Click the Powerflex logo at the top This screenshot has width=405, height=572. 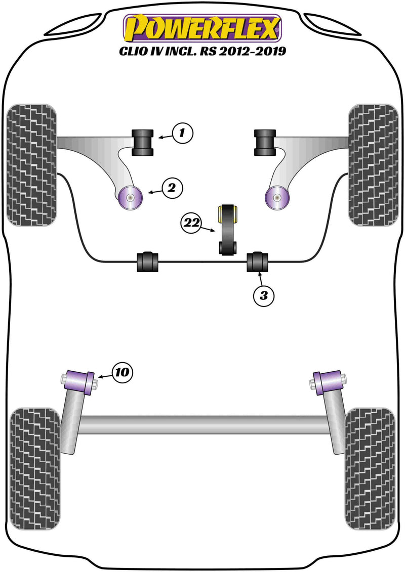tap(202, 28)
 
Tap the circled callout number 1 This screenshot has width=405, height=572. tap(183, 134)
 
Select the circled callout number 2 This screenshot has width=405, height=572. tap(172, 189)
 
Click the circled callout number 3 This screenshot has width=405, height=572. tap(263, 295)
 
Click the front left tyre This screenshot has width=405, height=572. tap(31, 164)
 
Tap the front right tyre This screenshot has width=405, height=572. tap(373, 164)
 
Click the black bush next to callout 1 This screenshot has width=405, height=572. tap(142, 143)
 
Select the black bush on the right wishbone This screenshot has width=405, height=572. tap(264, 143)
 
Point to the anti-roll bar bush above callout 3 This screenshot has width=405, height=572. tap(258, 260)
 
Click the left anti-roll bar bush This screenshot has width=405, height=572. tap(147, 260)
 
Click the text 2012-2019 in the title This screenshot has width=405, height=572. tap(257, 51)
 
